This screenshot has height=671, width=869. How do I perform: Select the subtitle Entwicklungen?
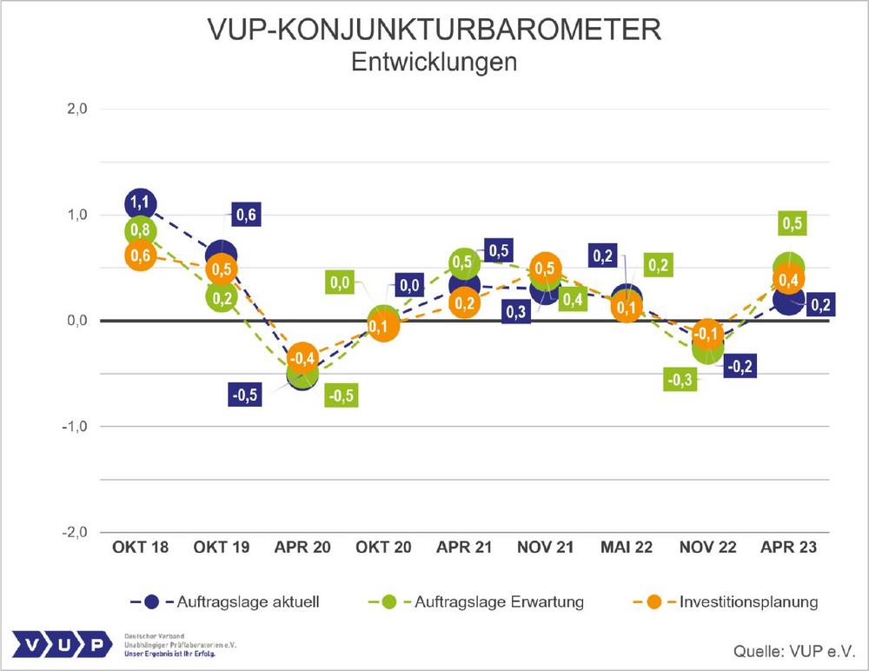[434, 63]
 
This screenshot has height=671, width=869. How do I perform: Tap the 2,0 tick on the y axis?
[76, 109]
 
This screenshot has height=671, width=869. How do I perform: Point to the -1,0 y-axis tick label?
[75, 427]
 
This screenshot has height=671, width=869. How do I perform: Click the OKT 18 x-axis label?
[140, 548]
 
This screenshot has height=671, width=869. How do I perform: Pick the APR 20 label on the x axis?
[302, 548]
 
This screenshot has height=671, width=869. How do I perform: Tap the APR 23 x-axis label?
[788, 548]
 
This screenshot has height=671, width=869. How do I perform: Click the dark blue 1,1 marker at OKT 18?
[141, 203]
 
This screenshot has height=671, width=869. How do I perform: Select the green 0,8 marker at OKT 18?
[141, 230]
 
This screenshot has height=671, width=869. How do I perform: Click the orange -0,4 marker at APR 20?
[302, 358]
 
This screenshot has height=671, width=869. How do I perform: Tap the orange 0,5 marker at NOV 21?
[546, 268]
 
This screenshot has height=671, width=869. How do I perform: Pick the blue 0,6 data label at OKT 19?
[247, 215]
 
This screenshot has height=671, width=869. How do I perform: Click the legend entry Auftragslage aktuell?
[229, 601]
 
